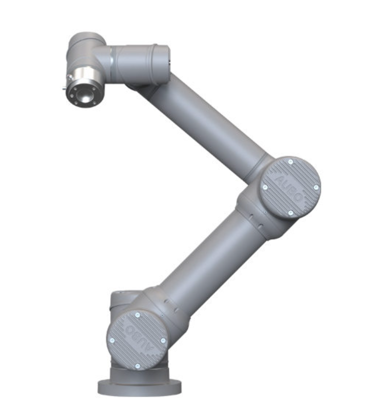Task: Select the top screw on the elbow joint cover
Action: tap(291, 162)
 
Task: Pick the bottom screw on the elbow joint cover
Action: tap(290, 213)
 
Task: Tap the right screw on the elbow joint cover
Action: tap(316, 187)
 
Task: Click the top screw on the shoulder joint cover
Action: tap(138, 315)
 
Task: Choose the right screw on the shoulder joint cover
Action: tap(163, 340)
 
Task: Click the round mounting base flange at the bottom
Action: tap(139, 388)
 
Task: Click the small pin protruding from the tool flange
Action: tap(64, 88)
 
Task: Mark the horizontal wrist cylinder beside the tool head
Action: tap(141, 63)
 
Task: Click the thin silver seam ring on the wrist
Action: tap(113, 63)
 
